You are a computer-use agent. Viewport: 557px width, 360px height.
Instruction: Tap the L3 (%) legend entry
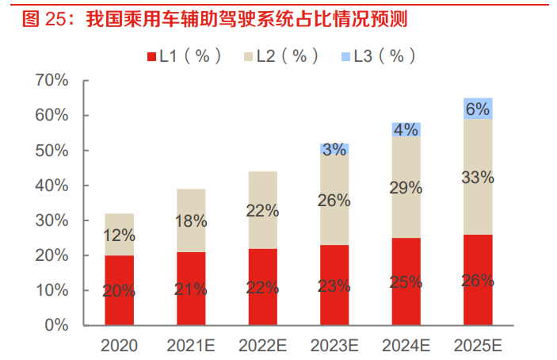(379, 56)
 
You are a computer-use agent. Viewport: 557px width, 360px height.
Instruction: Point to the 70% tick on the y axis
(52, 81)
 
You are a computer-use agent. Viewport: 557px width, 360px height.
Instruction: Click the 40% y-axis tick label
(52, 186)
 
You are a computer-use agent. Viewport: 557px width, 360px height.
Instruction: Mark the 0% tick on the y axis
(56, 325)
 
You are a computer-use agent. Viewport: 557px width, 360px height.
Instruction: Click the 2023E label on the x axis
(334, 346)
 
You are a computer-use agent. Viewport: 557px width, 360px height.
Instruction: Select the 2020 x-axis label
(120, 346)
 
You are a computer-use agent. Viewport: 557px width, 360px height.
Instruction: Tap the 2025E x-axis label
(478, 346)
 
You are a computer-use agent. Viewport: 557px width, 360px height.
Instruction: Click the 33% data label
(478, 178)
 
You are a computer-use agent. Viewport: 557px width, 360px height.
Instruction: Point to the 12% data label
(119, 235)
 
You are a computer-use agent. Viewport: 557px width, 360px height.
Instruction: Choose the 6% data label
(478, 109)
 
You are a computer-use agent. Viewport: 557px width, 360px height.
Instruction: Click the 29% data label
(406, 188)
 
